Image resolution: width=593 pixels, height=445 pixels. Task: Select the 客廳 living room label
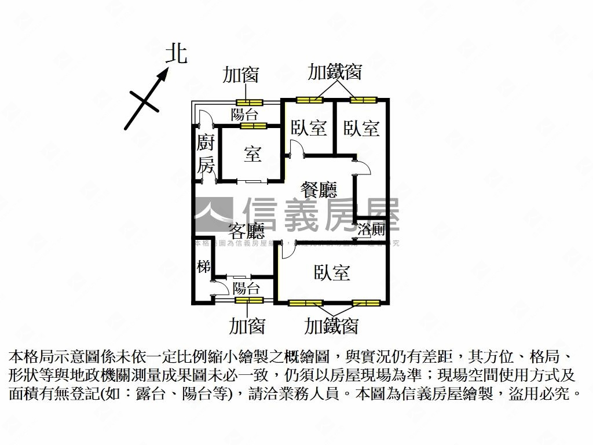(x=246, y=231)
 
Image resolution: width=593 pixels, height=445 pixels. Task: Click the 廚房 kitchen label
(x=206, y=154)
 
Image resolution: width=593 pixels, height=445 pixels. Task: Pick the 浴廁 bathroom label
(x=371, y=229)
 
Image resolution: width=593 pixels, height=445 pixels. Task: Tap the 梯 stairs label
(x=203, y=267)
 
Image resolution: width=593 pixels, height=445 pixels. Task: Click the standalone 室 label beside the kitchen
(x=252, y=154)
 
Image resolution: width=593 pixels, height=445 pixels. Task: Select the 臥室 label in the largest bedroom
(x=332, y=272)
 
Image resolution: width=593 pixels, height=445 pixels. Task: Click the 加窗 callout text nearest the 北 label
(x=241, y=75)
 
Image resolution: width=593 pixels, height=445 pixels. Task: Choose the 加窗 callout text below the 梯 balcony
(x=247, y=326)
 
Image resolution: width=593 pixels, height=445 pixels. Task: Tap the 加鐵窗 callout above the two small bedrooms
(x=335, y=72)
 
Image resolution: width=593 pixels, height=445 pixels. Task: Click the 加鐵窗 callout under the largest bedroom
(x=332, y=326)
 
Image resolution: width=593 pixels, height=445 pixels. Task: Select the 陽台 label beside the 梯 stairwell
(x=246, y=288)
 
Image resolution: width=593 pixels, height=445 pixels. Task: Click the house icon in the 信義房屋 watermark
(x=213, y=215)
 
